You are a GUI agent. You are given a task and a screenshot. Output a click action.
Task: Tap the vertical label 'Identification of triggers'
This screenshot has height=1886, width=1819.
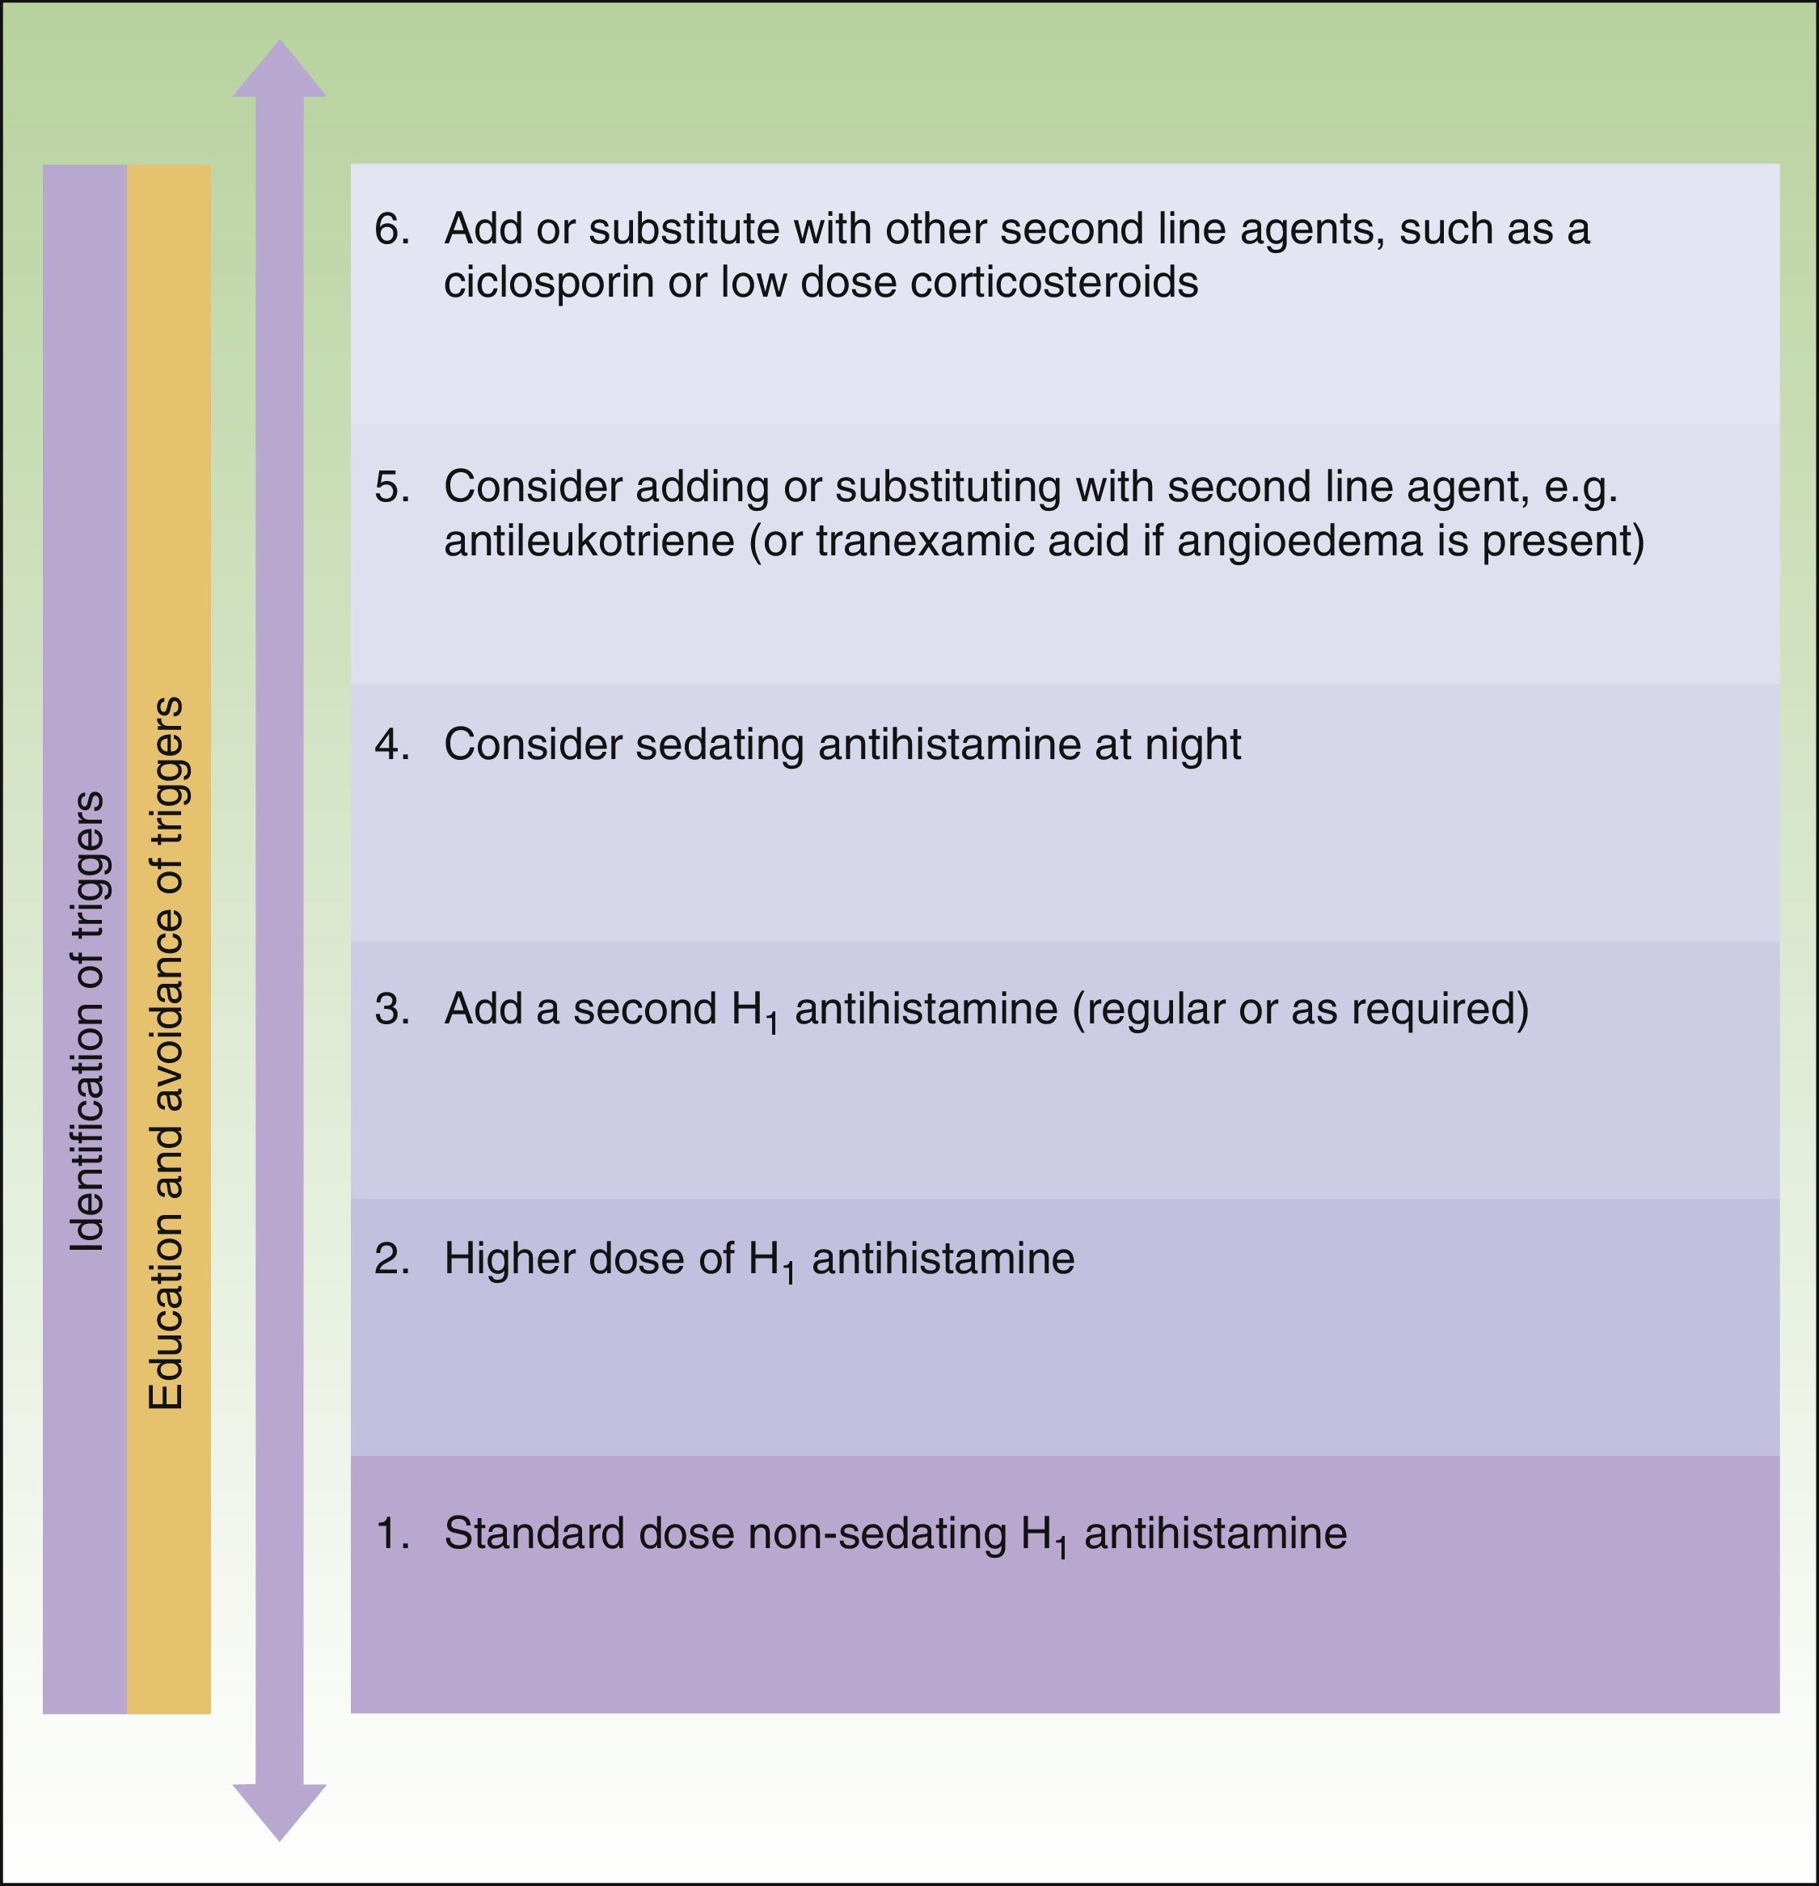(x=87, y=1021)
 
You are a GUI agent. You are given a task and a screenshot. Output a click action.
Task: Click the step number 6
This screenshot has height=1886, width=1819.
(x=392, y=229)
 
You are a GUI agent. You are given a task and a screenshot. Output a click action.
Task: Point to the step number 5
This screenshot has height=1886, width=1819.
(x=392, y=487)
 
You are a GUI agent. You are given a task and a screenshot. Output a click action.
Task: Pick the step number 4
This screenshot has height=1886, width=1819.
(x=392, y=745)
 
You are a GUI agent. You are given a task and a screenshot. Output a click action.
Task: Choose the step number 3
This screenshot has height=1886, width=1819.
(x=392, y=1008)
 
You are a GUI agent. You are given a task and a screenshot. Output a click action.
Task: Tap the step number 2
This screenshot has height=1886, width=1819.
(x=392, y=1259)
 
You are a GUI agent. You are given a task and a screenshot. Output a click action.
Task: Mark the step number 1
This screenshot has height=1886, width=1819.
(x=392, y=1533)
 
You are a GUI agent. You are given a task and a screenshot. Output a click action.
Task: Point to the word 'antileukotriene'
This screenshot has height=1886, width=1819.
(x=589, y=541)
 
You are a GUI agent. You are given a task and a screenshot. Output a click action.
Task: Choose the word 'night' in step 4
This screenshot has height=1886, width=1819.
(x=1193, y=745)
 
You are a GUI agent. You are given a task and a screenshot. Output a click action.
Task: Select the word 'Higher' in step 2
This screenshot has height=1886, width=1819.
(x=509, y=1259)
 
